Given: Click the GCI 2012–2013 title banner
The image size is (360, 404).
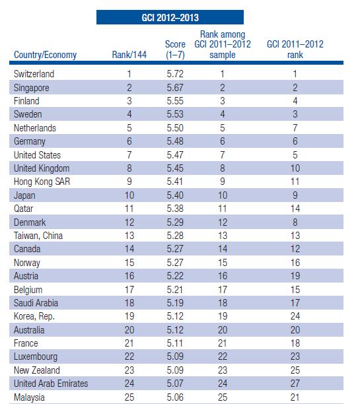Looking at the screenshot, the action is [x=170, y=17].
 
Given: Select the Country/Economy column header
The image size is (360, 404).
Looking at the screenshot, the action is [x=45, y=55].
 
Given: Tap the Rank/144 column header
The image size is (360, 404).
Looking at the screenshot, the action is [x=129, y=55].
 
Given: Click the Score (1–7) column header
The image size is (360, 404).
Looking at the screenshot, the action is [x=175, y=50].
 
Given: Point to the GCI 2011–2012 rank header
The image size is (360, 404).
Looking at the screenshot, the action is [x=295, y=50].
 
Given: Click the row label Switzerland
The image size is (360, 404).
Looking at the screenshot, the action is [x=34, y=74].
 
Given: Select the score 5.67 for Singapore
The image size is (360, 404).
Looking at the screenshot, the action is [x=175, y=88].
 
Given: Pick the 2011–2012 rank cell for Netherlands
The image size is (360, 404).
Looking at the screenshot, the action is [x=295, y=128].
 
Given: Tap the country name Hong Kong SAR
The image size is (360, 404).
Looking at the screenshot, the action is [x=42, y=182].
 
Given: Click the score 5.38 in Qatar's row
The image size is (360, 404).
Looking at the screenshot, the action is [x=175, y=209].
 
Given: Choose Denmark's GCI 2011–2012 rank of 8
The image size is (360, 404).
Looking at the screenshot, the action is [x=295, y=222].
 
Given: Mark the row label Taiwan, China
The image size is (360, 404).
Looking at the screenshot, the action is [x=38, y=236].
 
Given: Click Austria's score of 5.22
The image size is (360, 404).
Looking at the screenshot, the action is [x=175, y=276].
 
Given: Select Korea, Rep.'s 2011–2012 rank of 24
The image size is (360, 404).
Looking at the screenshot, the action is [x=295, y=316].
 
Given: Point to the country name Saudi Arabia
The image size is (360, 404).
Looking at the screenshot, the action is [x=36, y=303].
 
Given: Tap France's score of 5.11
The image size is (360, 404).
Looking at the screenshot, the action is [x=175, y=343].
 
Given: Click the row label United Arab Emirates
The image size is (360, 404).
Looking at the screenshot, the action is [x=51, y=384].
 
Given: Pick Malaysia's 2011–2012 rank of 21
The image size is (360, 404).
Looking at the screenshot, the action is [x=295, y=397].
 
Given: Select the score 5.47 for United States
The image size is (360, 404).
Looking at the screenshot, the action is [x=175, y=155].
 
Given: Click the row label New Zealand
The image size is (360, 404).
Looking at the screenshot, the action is [x=37, y=370].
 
